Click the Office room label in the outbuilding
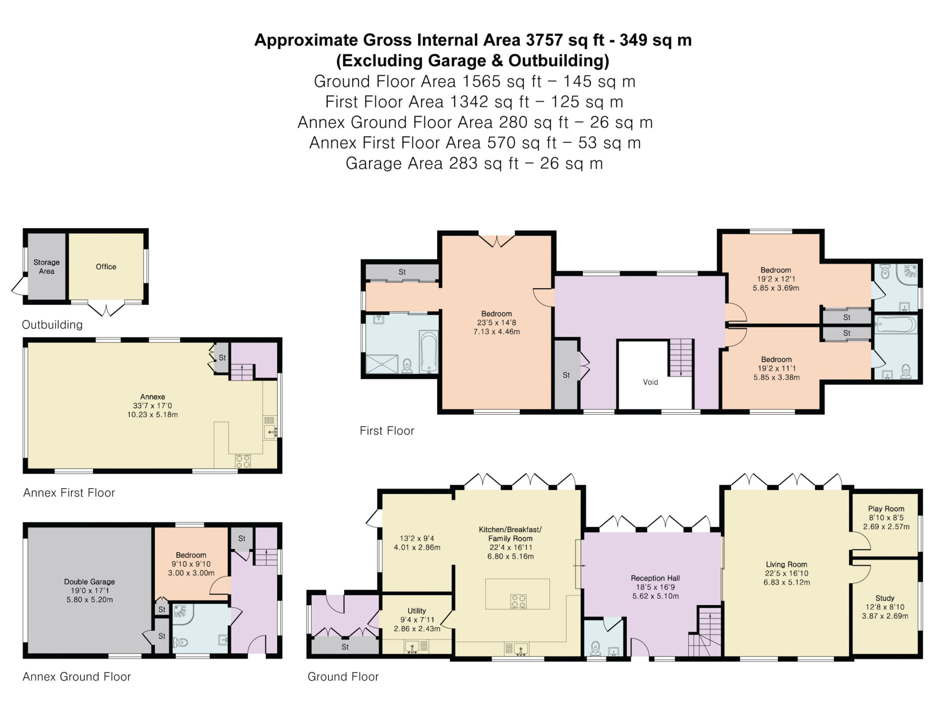coord(106,267)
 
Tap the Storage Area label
coord(46,267)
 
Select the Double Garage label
coord(89,582)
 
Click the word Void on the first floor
coord(650,382)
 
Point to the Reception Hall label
coord(655,578)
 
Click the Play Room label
coord(886,509)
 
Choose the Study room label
coord(885,598)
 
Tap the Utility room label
coord(417,611)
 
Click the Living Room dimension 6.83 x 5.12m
coord(787,582)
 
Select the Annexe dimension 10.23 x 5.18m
coord(152,415)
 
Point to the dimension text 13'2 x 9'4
coord(417,538)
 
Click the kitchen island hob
coord(518,601)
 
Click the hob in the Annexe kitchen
coord(243,461)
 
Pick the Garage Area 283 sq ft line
coord(474,163)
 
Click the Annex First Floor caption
coord(69,493)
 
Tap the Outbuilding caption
coord(52,325)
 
